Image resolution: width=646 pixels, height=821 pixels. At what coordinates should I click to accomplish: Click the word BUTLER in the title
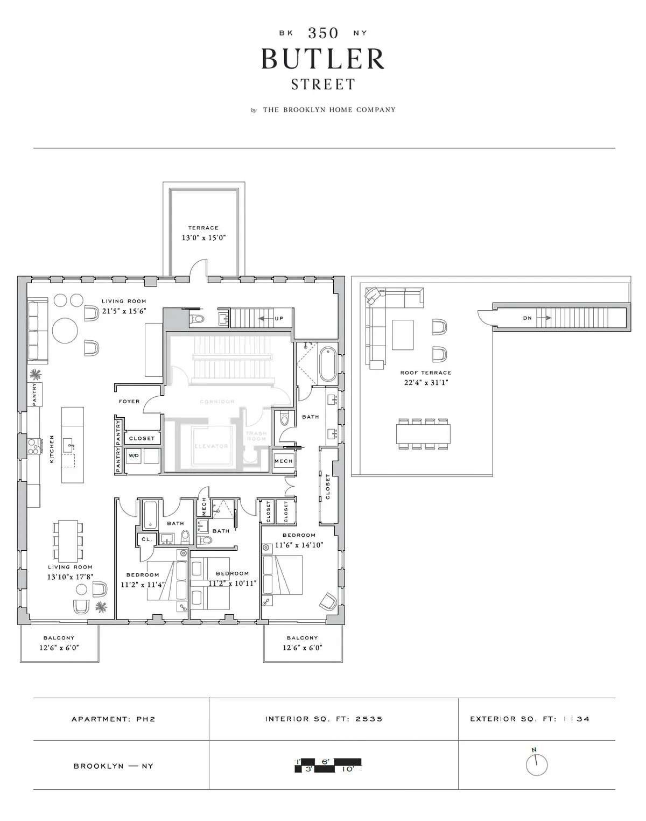pyautogui.click(x=323, y=59)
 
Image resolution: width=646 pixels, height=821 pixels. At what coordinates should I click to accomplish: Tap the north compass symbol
pyautogui.click(x=537, y=764)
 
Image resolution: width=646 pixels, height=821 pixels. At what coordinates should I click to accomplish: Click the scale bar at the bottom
pyautogui.click(x=328, y=766)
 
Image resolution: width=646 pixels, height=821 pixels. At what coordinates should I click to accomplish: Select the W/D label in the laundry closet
pyautogui.click(x=133, y=455)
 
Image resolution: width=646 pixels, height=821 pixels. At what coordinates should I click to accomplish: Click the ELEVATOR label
pyautogui.click(x=211, y=446)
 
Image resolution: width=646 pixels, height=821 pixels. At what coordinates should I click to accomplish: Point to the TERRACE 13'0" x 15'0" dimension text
pyautogui.click(x=203, y=237)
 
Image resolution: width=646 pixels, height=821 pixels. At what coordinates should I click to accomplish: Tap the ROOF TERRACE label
pyautogui.click(x=425, y=373)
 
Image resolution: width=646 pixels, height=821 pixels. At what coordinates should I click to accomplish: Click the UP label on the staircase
pyautogui.click(x=279, y=318)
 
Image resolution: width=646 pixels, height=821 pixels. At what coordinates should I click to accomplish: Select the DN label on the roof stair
pyautogui.click(x=527, y=318)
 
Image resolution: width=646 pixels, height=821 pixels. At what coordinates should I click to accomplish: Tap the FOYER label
pyautogui.click(x=129, y=402)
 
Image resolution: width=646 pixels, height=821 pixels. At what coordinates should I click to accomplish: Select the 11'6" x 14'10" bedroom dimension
pyautogui.click(x=299, y=545)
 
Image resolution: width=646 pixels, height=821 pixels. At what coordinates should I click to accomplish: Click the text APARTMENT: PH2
pyautogui.click(x=114, y=719)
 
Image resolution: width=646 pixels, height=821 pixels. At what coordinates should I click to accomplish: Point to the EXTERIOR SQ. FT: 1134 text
pyautogui.click(x=530, y=719)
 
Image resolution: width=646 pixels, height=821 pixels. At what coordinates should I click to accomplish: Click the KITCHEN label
pyautogui.click(x=52, y=449)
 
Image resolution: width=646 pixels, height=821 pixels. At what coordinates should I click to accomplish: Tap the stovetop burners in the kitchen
pyautogui.click(x=34, y=445)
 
